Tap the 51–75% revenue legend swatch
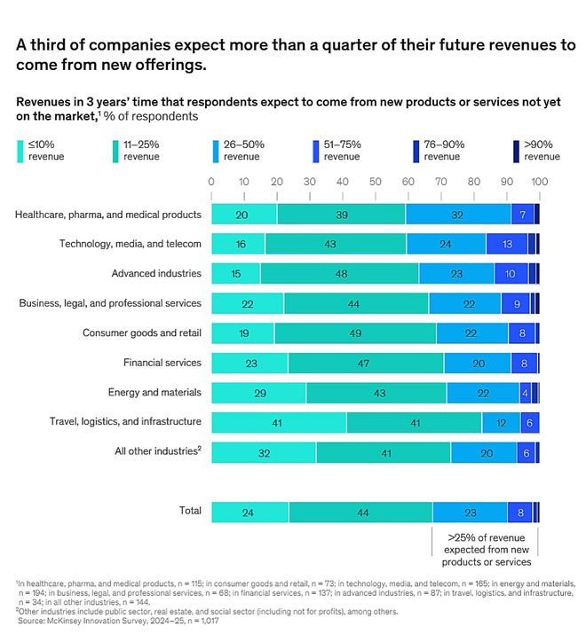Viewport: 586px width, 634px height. [x=318, y=144]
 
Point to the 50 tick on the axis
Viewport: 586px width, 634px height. [x=375, y=183]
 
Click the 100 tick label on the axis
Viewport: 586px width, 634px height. [x=538, y=183]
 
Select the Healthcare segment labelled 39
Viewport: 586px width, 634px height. [x=342, y=214]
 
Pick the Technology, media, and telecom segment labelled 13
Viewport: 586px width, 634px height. [x=507, y=244]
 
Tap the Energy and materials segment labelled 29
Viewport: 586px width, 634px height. [x=259, y=392]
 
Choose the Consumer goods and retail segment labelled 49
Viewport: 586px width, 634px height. [x=355, y=333]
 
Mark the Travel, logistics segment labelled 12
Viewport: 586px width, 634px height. [x=502, y=422]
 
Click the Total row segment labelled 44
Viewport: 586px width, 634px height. [x=360, y=512]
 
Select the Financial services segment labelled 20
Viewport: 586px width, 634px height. [x=478, y=363]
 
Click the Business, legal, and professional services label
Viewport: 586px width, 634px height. [x=110, y=303]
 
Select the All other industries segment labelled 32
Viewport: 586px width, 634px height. [x=264, y=451]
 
